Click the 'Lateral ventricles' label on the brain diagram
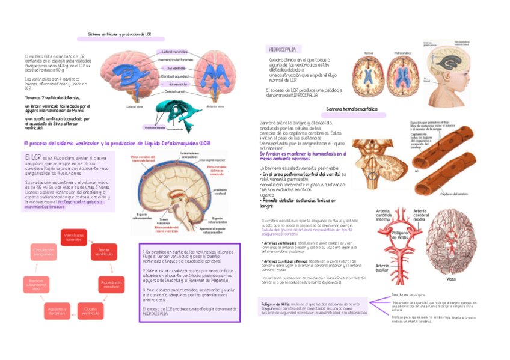[175, 52]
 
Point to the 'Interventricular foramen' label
[175, 60]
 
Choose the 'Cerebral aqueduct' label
[175, 76]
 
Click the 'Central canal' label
[174, 91]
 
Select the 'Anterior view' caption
[215, 107]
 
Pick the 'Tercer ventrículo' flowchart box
[103, 252]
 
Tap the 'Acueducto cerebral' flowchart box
[112, 284]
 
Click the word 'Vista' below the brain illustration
[451, 279]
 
